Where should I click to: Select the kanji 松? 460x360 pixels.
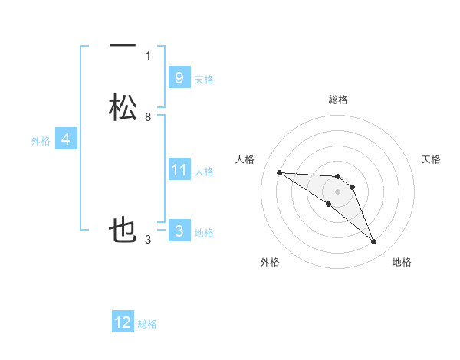(x=123, y=107)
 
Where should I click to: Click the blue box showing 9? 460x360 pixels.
(x=179, y=77)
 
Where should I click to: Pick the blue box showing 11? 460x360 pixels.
(x=179, y=170)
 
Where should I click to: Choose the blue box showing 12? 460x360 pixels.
(x=123, y=322)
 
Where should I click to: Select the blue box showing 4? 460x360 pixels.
(x=65, y=139)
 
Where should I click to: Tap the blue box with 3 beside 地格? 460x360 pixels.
(x=179, y=231)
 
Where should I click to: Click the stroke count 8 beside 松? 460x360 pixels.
(x=148, y=117)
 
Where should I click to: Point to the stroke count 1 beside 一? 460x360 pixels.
(x=148, y=55)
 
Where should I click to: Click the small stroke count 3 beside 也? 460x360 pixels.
(x=148, y=241)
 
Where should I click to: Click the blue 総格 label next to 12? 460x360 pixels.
(x=147, y=324)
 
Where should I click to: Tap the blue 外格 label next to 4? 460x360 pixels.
(x=41, y=141)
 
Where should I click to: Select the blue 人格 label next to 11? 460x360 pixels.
(x=204, y=172)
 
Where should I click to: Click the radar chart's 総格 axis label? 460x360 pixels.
(x=337, y=100)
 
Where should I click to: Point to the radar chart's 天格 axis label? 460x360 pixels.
(x=432, y=159)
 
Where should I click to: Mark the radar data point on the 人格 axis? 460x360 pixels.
(x=279, y=172)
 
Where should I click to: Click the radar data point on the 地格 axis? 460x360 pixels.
(x=374, y=242)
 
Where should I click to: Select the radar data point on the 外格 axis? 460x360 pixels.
(x=328, y=204)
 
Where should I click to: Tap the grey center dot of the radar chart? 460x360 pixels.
(x=337, y=191)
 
